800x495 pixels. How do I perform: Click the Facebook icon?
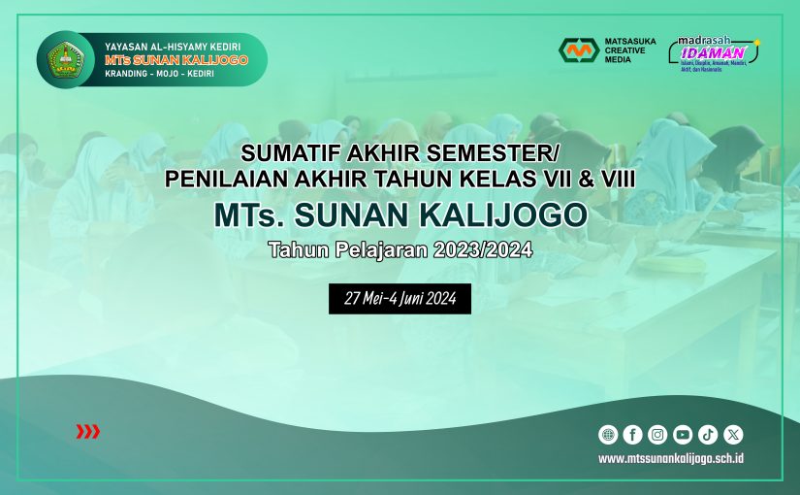tap(633, 435)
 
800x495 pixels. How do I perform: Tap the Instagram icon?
tap(658, 435)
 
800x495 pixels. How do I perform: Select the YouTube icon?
tap(683, 435)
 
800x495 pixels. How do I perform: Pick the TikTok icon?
tap(708, 435)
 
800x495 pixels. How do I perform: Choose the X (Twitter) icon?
tap(733, 435)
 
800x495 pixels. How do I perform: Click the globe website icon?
tap(608, 435)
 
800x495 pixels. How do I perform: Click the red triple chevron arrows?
tap(87, 432)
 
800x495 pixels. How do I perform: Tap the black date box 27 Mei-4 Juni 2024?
tap(400, 299)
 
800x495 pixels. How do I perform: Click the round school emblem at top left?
tap(66, 59)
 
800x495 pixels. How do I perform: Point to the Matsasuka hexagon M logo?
tap(579, 50)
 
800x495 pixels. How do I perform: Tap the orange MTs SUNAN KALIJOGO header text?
tap(176, 59)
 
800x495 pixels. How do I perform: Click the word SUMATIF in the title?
tap(281, 154)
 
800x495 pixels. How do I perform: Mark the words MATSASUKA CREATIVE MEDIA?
tap(630, 50)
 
